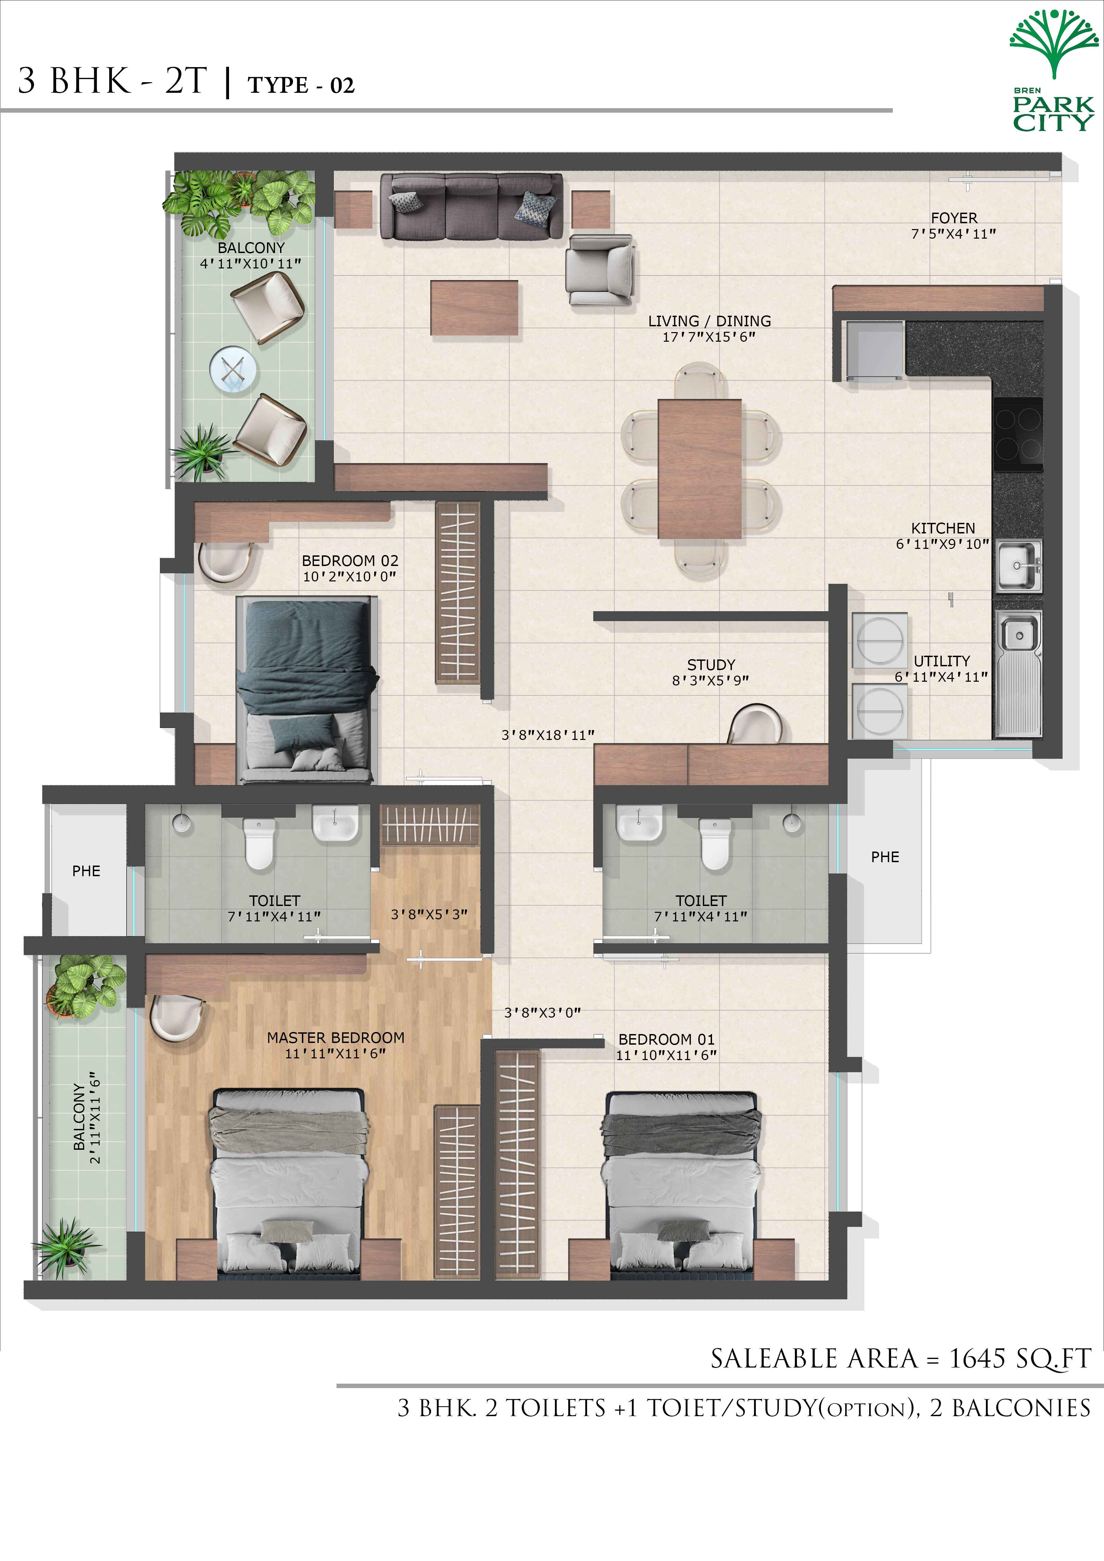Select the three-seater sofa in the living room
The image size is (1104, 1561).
[471, 205]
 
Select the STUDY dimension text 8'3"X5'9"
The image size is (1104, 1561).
[710, 680]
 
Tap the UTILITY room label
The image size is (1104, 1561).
[941, 661]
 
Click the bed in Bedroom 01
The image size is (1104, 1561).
[681, 1182]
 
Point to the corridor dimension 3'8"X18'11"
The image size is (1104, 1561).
[548, 735]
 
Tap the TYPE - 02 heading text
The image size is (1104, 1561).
[301, 85]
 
